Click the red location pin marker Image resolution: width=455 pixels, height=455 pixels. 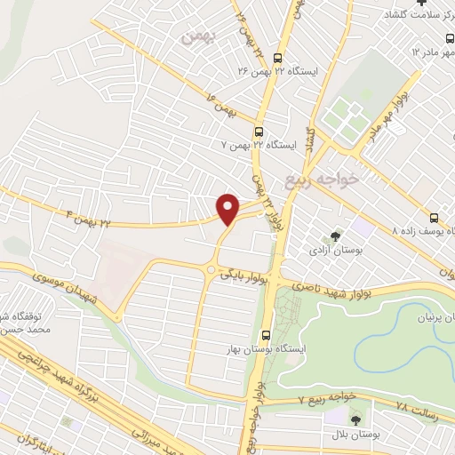pyautogui.click(x=228, y=208)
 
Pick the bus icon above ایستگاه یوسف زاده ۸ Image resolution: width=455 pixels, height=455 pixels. pyautogui.click(x=434, y=217)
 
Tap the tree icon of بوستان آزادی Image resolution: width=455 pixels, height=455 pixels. pyautogui.click(x=335, y=236)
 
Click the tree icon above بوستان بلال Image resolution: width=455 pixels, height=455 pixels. pyautogui.click(x=356, y=419)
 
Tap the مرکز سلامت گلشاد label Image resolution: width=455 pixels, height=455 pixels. pyautogui.click(x=418, y=16)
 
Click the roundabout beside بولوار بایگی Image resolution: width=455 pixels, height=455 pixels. pyautogui.click(x=211, y=269)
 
